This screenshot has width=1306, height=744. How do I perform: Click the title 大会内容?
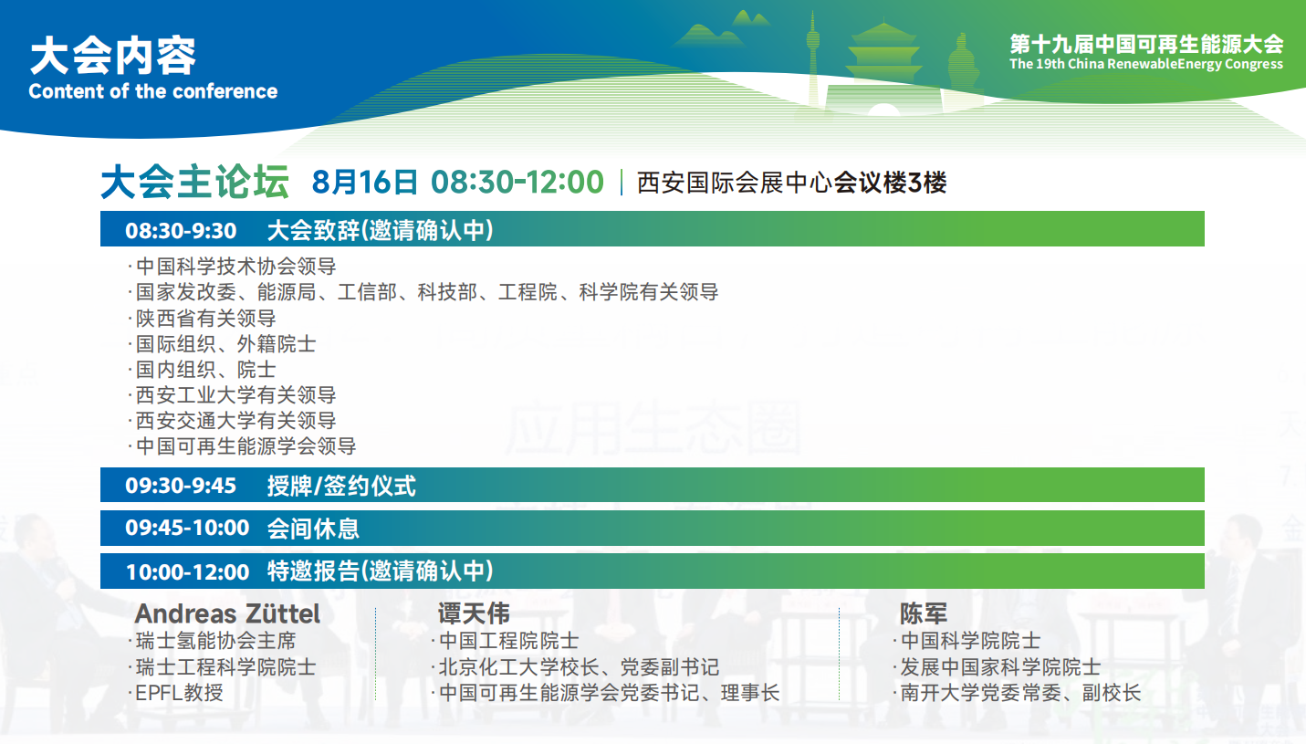point(113,56)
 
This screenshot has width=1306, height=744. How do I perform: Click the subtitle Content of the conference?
point(152,91)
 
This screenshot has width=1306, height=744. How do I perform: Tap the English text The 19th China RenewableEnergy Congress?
point(1146,64)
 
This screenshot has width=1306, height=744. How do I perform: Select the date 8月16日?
point(364,182)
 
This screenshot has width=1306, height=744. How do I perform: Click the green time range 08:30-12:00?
point(517,182)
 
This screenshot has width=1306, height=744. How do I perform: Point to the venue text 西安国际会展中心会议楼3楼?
point(791,183)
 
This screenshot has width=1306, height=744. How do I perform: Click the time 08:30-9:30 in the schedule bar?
point(181,230)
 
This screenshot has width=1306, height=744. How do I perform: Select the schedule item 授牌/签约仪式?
point(341,486)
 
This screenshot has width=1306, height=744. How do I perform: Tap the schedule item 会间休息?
point(313,529)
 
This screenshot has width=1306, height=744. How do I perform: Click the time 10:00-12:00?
point(188,572)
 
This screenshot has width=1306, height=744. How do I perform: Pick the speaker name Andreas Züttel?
point(227,614)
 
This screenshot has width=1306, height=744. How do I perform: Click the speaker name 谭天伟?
point(474,613)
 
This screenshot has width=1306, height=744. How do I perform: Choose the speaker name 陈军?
point(923,613)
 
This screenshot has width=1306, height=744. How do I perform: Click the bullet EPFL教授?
point(176,693)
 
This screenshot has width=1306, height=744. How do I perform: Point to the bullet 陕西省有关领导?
point(203,319)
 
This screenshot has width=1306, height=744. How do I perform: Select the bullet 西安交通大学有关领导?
point(233,421)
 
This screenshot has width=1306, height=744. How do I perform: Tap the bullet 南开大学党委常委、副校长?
point(1017,693)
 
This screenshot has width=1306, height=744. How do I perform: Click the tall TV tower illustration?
point(813,58)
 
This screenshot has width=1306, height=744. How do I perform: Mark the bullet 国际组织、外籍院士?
point(222,344)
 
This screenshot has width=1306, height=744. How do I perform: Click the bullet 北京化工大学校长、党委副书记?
point(576,667)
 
